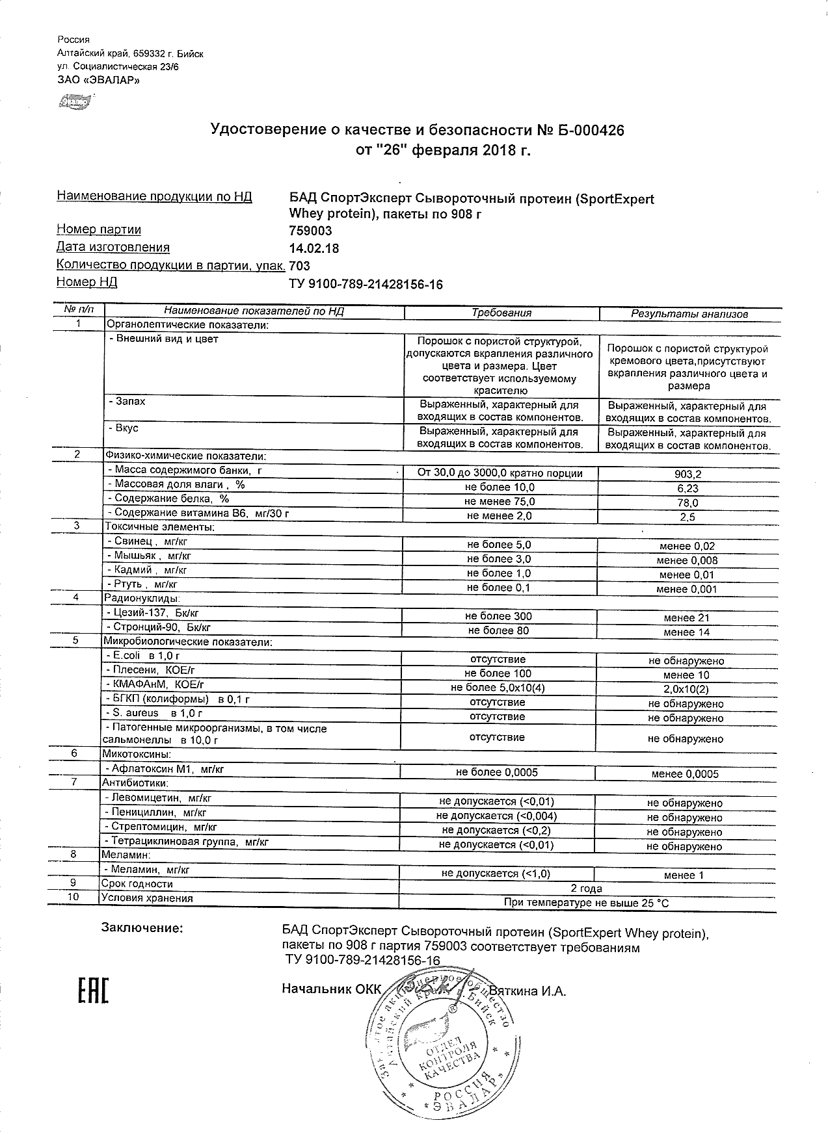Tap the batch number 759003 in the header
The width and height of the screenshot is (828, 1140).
pos(310,231)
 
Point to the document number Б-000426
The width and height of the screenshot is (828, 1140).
pos(591,131)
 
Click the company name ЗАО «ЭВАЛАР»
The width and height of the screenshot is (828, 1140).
pos(98,80)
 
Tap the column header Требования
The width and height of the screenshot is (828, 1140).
pos(501,313)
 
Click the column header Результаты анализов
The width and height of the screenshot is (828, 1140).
pos(689,314)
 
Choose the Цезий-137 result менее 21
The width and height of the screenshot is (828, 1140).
pos(686,618)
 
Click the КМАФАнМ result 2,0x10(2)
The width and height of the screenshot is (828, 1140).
pos(686,690)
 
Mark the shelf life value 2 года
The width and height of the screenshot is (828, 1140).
pos(586,888)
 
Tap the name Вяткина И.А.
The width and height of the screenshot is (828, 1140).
pos(528,991)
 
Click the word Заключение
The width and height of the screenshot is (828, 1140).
pos(142,928)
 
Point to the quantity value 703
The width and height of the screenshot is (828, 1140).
pos(299,266)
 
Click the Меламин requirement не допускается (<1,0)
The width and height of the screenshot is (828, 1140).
pos(496,874)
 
